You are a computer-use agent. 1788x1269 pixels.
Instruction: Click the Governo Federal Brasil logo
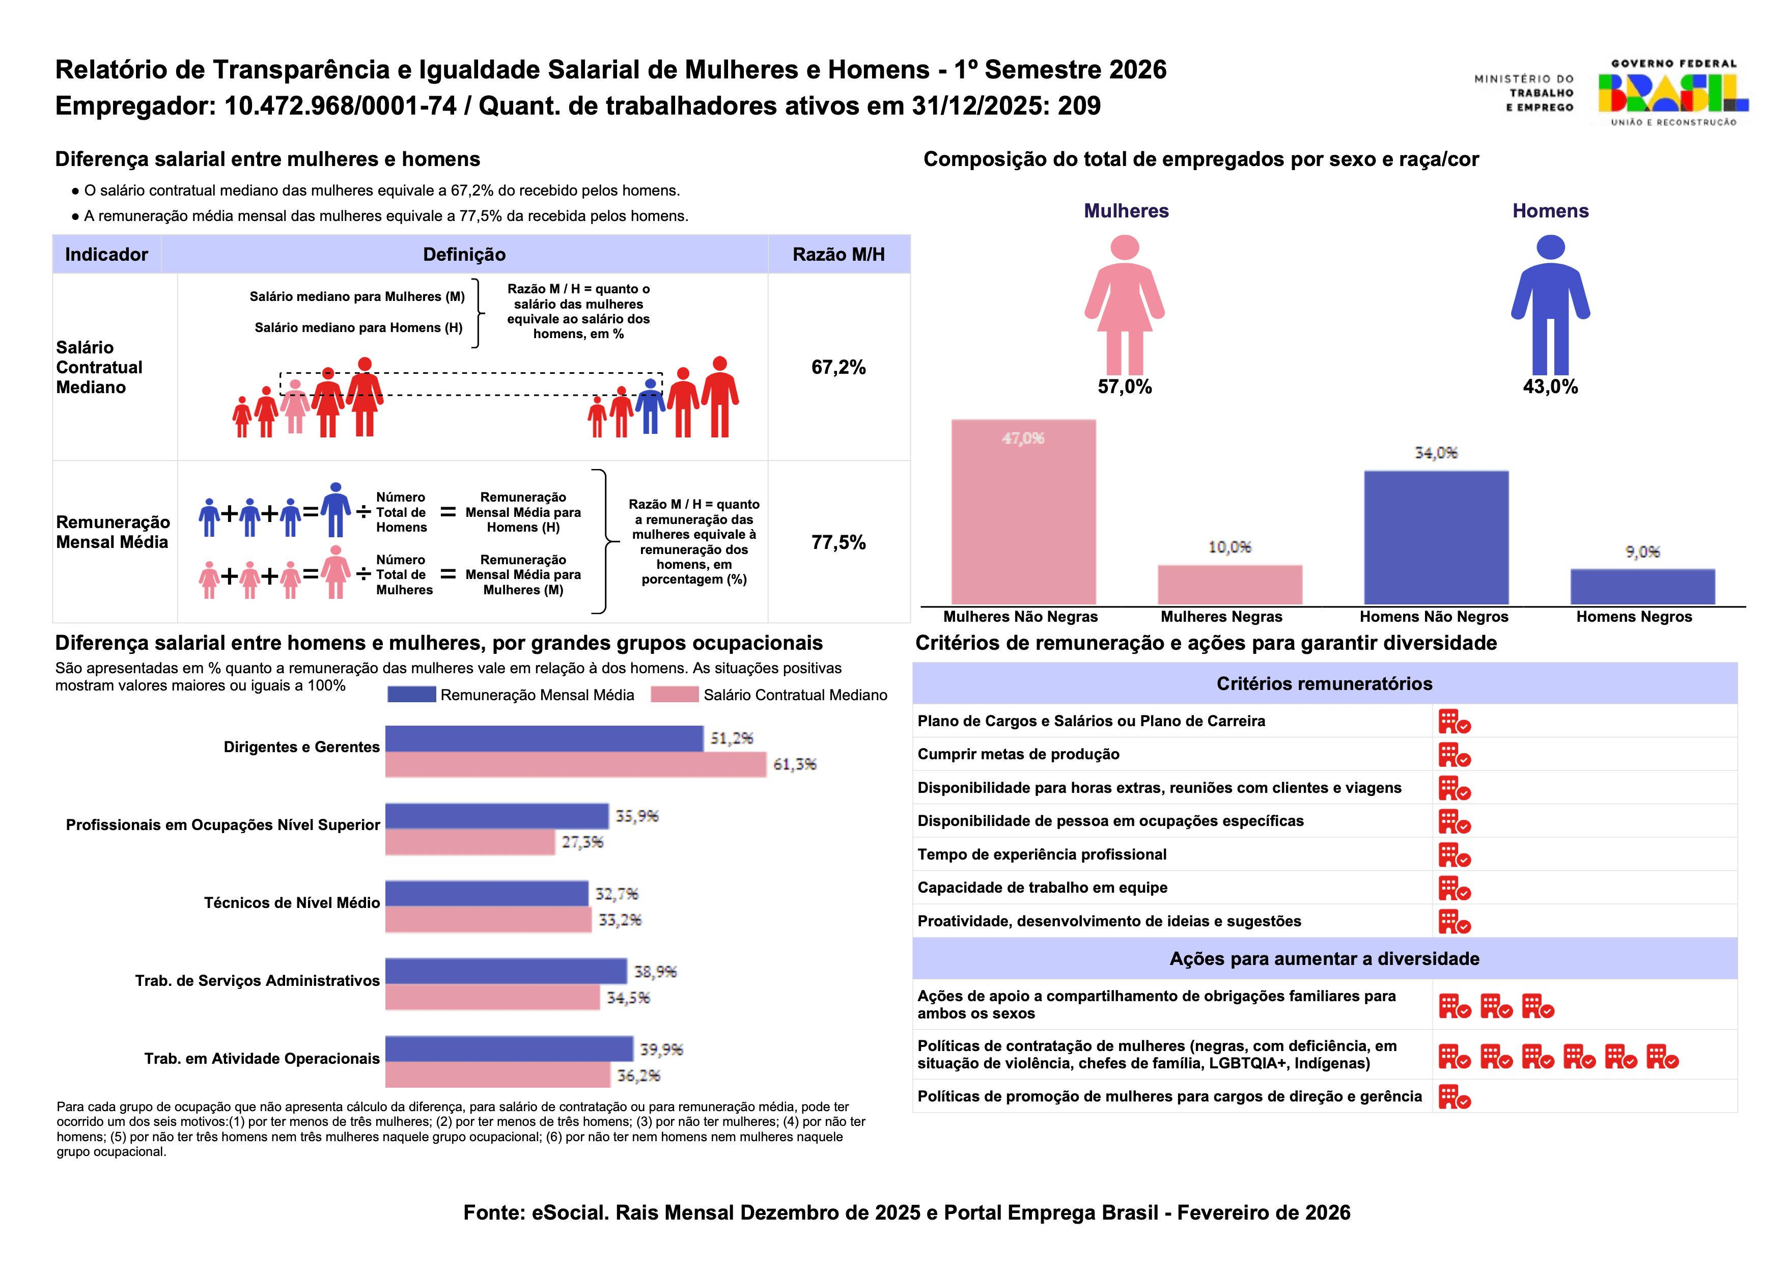[1672, 92]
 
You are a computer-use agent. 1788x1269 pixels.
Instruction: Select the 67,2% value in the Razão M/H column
[838, 367]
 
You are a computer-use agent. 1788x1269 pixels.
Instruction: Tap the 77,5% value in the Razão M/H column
[838, 542]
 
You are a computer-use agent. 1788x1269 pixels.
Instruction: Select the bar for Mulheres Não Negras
[1023, 512]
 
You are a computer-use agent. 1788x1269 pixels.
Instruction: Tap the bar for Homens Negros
[1643, 587]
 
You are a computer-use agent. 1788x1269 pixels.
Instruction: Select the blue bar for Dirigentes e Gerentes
[544, 738]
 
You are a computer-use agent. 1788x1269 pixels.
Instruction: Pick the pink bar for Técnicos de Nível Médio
[488, 920]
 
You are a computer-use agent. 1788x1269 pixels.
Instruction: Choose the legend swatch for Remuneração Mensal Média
[412, 694]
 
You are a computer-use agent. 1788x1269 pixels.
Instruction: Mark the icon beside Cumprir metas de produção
[1455, 755]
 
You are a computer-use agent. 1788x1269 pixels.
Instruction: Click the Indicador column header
[106, 254]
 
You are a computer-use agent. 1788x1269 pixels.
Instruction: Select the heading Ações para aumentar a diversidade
[1324, 959]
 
